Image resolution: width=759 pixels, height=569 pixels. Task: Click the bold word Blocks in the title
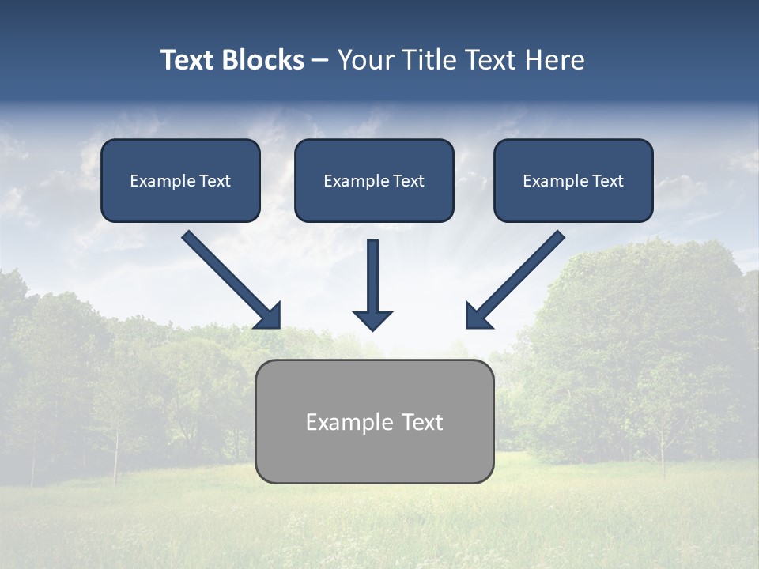[263, 60]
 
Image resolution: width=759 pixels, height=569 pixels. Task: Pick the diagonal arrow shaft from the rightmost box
[523, 273]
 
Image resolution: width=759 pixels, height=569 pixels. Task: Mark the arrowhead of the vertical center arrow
[372, 320]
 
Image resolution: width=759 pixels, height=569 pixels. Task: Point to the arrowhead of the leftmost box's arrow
[270, 317]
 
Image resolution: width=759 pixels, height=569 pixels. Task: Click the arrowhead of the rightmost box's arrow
[478, 317]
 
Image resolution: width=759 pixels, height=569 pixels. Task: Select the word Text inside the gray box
[422, 422]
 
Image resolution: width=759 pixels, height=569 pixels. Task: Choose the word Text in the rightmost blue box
[607, 181]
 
